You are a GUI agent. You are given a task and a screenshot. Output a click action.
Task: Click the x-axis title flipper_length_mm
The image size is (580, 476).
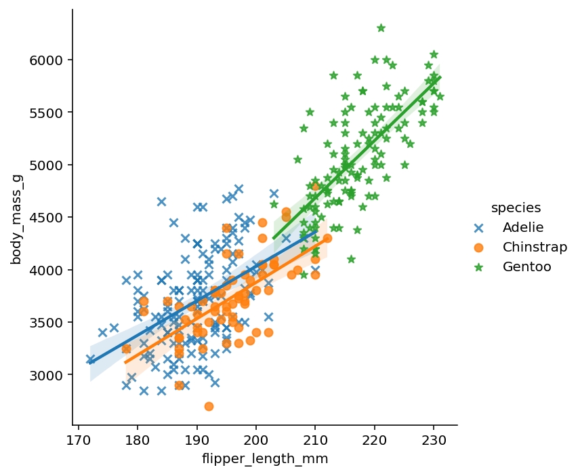tap(265, 459)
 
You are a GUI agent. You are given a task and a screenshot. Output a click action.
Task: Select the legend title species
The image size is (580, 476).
tap(516, 207)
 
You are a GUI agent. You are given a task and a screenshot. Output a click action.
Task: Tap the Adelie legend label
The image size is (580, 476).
tap(522, 227)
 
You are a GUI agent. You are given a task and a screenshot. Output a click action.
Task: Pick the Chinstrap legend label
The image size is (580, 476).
tap(535, 247)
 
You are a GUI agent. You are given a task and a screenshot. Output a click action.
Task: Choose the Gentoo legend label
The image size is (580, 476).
tap(526, 267)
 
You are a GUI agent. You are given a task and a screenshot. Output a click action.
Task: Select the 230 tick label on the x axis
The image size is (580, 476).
tap(434, 439)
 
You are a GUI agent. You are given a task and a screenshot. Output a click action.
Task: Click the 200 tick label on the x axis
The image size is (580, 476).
tap(256, 439)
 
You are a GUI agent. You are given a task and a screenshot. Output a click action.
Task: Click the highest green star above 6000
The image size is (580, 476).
tap(381, 28)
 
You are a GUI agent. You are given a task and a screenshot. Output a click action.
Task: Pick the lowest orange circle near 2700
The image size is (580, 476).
tap(209, 406)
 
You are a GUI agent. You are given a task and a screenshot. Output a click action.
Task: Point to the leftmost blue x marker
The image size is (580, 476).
tap(90, 359)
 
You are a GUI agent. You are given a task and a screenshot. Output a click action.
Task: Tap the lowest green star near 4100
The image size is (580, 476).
tap(351, 259)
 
